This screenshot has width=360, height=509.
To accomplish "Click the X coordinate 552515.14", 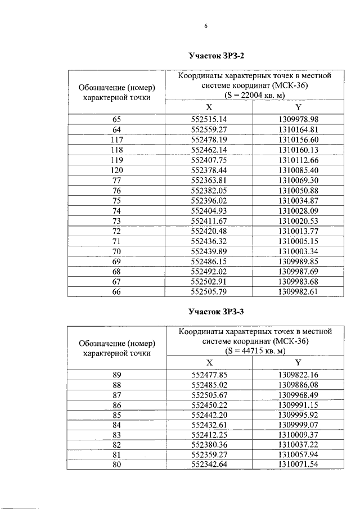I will (209, 120).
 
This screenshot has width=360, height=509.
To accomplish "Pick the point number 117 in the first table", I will (116, 139).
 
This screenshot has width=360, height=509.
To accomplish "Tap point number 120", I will (116, 170).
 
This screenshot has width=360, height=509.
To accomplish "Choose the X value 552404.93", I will (209, 210).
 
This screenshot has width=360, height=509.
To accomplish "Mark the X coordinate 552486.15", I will (209, 261).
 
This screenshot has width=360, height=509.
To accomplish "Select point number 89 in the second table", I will (116, 374).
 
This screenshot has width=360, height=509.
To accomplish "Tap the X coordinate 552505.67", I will (209, 394).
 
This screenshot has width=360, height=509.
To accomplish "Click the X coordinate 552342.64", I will (209, 465).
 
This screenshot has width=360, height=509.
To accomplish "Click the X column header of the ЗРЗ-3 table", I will (209, 363).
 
